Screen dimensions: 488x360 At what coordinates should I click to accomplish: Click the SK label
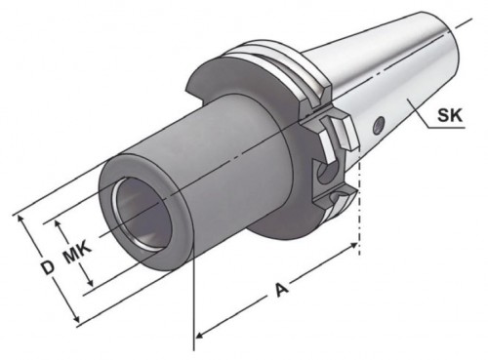pyautogui.click(x=450, y=115)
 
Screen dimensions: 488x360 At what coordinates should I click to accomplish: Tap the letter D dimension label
pyautogui.click(x=48, y=267)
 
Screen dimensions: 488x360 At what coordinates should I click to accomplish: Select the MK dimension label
pyautogui.click(x=77, y=252)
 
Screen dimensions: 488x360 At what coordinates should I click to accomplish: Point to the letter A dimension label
pyautogui.click(x=282, y=290)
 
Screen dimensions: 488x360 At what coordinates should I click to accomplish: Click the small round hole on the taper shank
pyautogui.click(x=379, y=124)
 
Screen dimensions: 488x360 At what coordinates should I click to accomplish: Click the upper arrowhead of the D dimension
pyautogui.click(x=21, y=220)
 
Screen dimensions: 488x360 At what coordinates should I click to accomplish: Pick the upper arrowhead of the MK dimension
pyautogui.click(x=59, y=225)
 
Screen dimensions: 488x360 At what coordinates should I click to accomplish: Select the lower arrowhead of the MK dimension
pyautogui.click(x=90, y=282)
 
